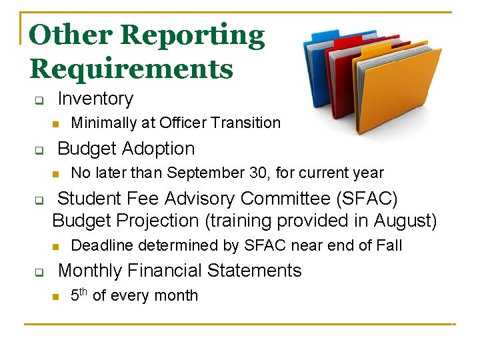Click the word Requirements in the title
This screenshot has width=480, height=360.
tap(131, 69)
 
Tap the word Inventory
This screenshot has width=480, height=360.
tap(95, 99)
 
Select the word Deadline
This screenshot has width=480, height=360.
tap(99, 245)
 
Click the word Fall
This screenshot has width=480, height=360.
tap(388, 245)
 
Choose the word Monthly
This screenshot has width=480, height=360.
tap(90, 271)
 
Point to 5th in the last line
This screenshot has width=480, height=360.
tap(79, 295)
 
